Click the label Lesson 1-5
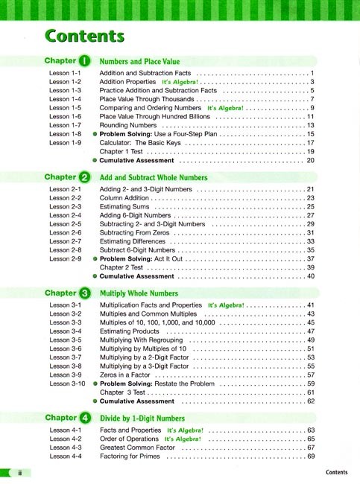click(x=65, y=108)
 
